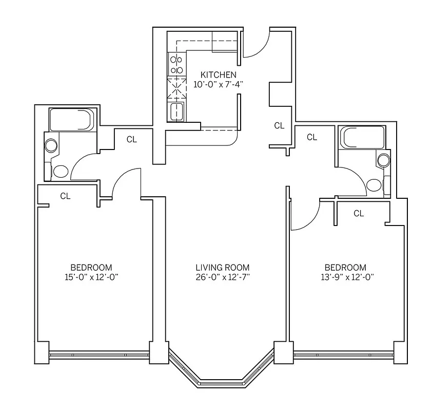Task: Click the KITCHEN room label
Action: point(218,75)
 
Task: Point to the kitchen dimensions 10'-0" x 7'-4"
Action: point(218,85)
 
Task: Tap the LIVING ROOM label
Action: point(222,268)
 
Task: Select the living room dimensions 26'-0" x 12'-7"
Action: point(222,277)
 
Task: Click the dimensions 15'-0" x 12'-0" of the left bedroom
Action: point(91,277)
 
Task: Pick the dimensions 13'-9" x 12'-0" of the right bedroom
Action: point(345,277)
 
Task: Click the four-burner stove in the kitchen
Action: point(176,65)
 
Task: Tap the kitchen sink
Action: point(176,110)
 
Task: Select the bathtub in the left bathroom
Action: point(71,120)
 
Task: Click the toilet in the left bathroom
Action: point(61,171)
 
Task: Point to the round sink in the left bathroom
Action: point(51,145)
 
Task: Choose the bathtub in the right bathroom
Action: point(363,138)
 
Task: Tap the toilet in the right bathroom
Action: point(374,184)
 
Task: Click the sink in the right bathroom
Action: point(383,160)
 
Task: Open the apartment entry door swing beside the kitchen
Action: point(255,44)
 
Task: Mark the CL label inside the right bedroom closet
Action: point(359,213)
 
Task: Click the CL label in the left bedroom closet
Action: point(65,196)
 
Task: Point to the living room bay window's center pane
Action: point(222,383)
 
